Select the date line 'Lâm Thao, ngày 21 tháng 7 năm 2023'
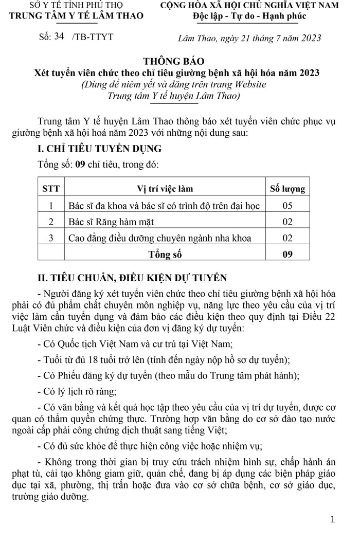pos(249,38)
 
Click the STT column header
pos(51,189)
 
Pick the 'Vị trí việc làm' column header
pos(165,189)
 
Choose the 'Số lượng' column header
pos(287,189)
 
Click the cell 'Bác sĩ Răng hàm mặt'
pos(111,222)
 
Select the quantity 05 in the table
pos(287,206)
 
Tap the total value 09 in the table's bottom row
pos(287,254)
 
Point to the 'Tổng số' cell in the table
pos(165,254)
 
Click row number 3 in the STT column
pos(51,238)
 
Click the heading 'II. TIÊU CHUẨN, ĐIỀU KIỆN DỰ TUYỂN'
pos(132,278)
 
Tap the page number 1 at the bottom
pos(332,519)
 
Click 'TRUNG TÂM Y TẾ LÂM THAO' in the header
pos(77,15)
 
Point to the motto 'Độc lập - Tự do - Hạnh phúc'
pos(249,15)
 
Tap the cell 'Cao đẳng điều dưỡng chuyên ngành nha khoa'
pos(160,238)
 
